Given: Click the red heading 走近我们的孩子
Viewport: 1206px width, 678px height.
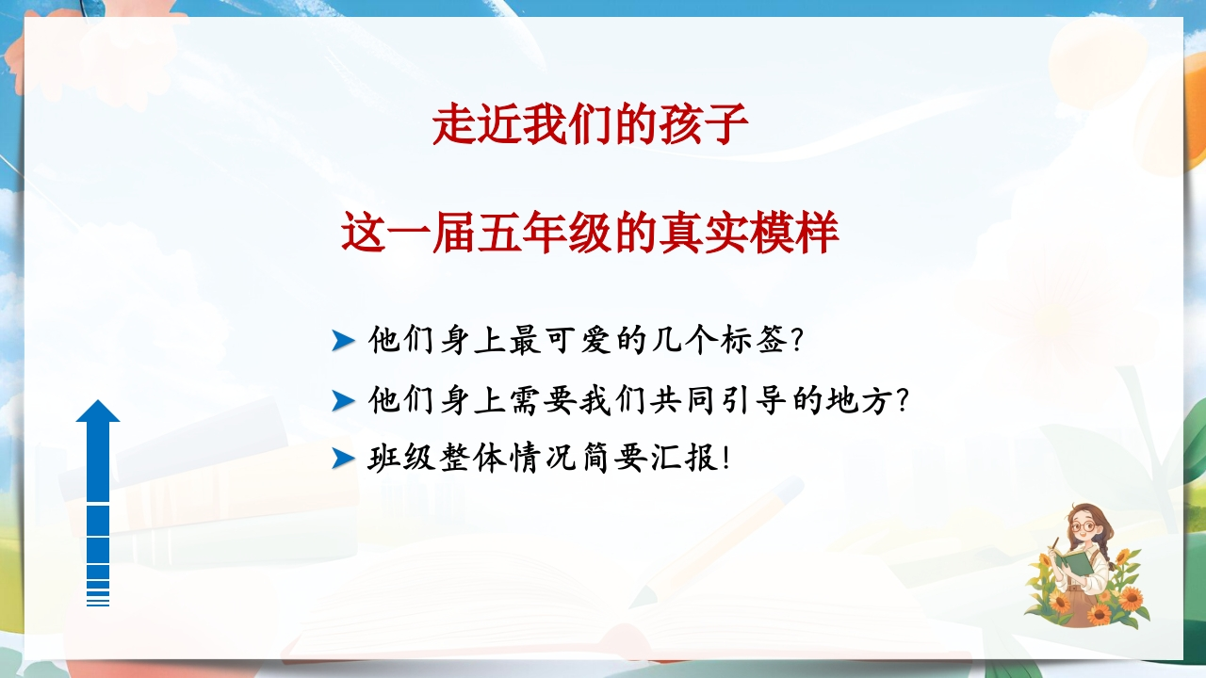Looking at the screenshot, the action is [591, 125].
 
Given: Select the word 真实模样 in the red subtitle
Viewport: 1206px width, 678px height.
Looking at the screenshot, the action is [749, 233].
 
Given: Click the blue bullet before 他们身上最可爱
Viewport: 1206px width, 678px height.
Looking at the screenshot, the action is [343, 341].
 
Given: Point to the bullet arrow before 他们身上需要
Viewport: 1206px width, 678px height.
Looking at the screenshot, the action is [343, 401].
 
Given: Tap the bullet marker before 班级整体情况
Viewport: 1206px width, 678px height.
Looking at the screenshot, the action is [343, 459].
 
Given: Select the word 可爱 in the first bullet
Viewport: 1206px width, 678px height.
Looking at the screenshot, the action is [578, 340].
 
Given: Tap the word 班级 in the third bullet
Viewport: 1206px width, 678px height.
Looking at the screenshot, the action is [401, 459].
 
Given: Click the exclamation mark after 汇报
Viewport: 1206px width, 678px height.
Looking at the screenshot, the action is [726, 459].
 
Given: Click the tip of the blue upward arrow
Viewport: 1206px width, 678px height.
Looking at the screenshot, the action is [97, 400].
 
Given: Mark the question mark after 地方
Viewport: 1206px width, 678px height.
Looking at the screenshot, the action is [902, 401].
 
